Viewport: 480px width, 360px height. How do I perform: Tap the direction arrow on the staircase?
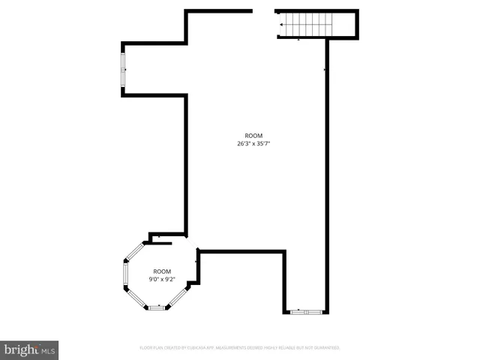pos(282,25)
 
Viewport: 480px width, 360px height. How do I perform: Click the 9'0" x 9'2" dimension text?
pos(162,279)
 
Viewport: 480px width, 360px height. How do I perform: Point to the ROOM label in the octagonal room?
pos(162,271)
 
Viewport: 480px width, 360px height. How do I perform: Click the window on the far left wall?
pos(123,70)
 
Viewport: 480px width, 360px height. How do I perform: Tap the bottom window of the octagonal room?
pos(157,307)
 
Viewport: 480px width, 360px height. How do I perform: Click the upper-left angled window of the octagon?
pos(135,251)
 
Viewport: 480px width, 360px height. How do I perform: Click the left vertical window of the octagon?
pos(124,274)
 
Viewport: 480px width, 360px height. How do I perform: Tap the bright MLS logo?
pos(30,350)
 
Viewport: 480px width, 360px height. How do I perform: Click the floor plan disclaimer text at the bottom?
pos(240,348)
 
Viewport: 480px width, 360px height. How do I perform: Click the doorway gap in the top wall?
pos(264,11)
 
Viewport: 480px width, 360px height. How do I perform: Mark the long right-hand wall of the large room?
pos(327,172)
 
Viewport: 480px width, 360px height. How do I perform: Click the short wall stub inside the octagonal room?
pos(160,243)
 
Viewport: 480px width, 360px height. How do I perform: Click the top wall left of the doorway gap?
pos(218,10)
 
